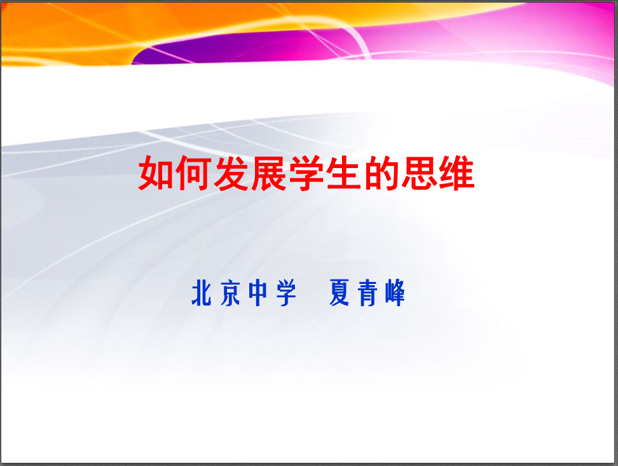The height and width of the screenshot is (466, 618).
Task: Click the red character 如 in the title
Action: click(x=156, y=173)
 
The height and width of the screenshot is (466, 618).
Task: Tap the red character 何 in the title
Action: click(x=193, y=173)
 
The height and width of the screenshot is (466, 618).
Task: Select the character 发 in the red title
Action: click(x=231, y=173)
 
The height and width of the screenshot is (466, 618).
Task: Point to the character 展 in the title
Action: click(x=269, y=173)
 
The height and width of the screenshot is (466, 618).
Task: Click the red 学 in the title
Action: click(x=306, y=173)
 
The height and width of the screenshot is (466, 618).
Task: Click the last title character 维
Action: click(x=457, y=173)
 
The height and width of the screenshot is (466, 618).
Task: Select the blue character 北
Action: click(x=202, y=293)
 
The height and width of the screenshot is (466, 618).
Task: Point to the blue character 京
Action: click(x=230, y=293)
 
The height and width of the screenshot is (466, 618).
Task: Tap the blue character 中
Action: click(x=258, y=293)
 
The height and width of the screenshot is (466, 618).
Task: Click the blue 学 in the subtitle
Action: click(x=287, y=293)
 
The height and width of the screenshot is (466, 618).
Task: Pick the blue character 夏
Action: click(x=339, y=293)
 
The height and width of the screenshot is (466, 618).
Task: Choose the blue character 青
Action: click(x=367, y=293)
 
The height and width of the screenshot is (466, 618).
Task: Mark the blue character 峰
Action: click(x=395, y=293)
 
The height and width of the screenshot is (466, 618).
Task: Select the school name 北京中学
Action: click(x=244, y=293)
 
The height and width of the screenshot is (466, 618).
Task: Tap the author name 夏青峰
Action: click(x=367, y=293)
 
